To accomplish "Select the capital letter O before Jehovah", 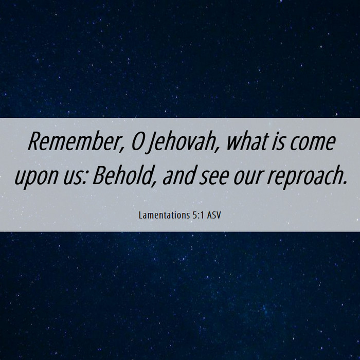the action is coord(137,141).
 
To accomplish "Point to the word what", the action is coord(247,141).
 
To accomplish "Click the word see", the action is coord(214,178).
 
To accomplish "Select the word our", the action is coord(247,178).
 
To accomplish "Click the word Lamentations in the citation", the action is coord(164,215).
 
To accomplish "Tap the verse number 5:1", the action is coord(197,215).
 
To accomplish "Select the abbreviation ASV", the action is coord(214,215).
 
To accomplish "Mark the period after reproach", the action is coord(345,183).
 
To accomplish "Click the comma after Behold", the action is coord(155,184).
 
